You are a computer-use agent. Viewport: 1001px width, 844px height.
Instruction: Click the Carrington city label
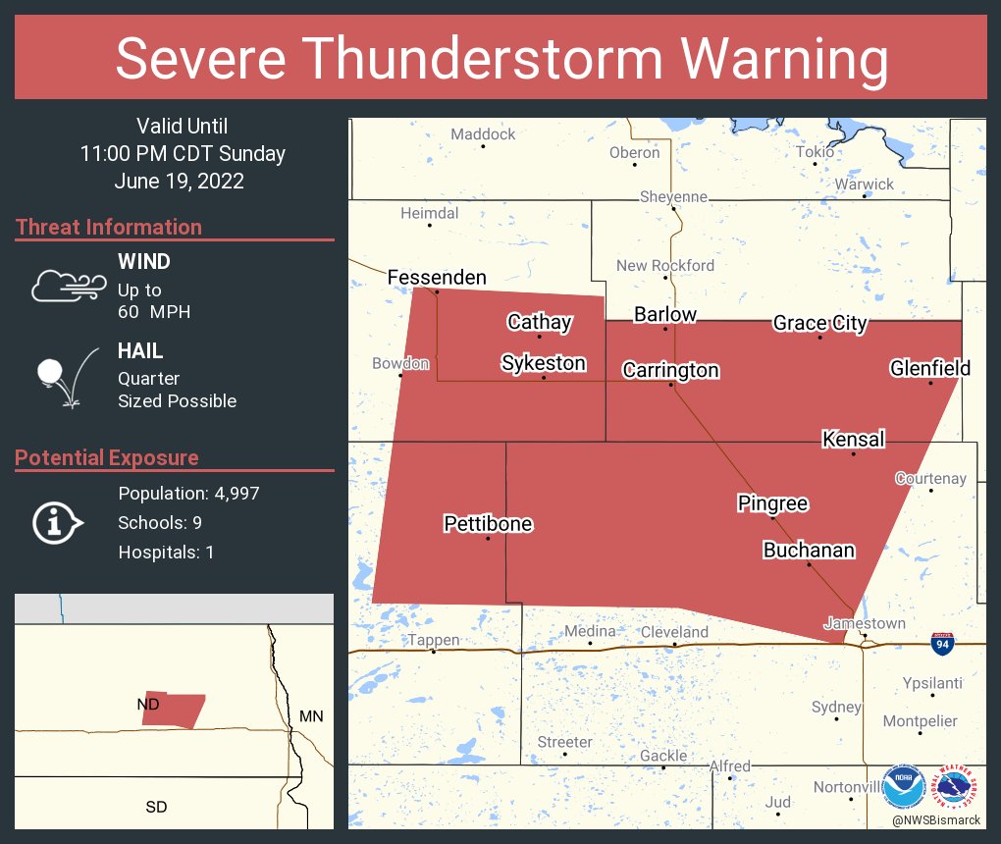pyautogui.click(x=671, y=370)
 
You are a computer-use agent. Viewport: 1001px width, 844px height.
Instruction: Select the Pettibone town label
pyautogui.click(x=488, y=523)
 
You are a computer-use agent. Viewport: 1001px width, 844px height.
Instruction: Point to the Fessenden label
pyautogui.click(x=437, y=277)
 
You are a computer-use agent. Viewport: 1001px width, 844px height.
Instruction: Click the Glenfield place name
pyautogui.click(x=929, y=368)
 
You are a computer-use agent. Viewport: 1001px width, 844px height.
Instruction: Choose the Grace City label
pyautogui.click(x=819, y=323)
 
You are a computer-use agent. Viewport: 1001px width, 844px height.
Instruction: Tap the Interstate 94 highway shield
pyautogui.click(x=942, y=644)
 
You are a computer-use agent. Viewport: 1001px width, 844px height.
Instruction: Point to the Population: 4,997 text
pyautogui.click(x=188, y=494)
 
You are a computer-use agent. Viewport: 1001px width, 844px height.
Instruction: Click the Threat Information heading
pyautogui.click(x=109, y=227)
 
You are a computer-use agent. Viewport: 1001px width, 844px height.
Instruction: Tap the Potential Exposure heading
pyautogui.click(x=107, y=457)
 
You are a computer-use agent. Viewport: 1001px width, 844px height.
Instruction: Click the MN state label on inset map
pyautogui.click(x=310, y=716)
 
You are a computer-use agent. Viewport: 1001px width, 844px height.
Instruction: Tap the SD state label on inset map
pyautogui.click(x=156, y=807)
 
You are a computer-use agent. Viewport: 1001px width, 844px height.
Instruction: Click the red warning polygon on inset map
pyautogui.click(x=173, y=710)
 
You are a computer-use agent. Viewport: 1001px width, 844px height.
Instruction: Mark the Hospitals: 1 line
pyautogui.click(x=166, y=553)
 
